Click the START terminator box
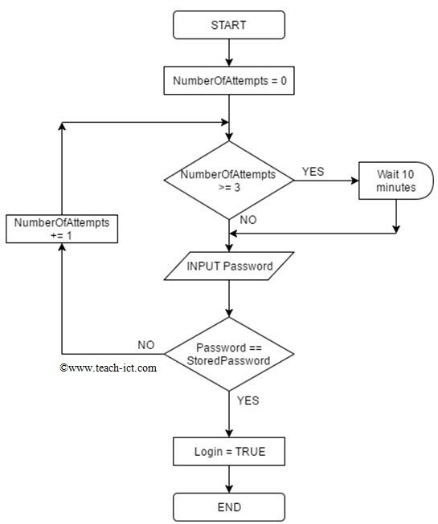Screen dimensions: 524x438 tap(229, 25)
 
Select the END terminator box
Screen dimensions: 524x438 tap(229, 506)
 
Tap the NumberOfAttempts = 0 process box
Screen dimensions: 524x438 tap(229, 80)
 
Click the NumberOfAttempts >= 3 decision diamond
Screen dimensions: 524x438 tap(229, 181)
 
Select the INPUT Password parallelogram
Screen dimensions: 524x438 tap(229, 266)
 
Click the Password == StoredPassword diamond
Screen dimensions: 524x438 tap(229, 354)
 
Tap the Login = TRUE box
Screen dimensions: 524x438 tap(229, 452)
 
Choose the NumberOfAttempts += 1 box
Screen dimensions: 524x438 tap(62, 229)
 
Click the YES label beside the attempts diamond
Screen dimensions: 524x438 tap(313, 171)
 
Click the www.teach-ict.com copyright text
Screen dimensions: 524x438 tap(108, 368)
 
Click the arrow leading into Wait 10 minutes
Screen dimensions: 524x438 tap(325, 181)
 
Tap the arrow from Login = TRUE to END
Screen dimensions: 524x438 tap(229, 479)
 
